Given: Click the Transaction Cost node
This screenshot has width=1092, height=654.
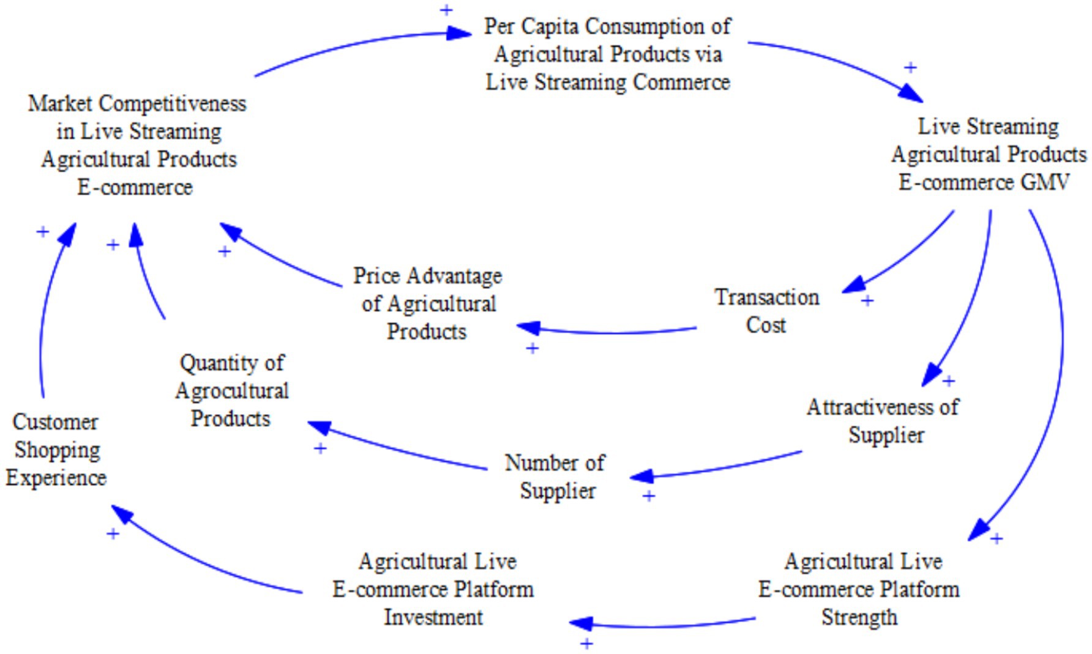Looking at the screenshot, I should (x=766, y=311).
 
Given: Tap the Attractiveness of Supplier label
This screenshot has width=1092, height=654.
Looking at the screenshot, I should (x=883, y=421).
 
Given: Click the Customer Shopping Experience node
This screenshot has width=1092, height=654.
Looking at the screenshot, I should (x=56, y=450).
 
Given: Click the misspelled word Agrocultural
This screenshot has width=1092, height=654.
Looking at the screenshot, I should (x=232, y=391).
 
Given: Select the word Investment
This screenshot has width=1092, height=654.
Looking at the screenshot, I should (x=433, y=617).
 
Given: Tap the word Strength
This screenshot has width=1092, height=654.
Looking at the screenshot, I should (x=859, y=617).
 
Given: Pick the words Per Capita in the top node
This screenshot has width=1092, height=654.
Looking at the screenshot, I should (x=526, y=26).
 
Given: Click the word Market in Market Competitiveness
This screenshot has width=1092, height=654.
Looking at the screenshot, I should (x=60, y=103).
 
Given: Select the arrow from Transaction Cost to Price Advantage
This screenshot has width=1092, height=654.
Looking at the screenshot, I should (x=612, y=332).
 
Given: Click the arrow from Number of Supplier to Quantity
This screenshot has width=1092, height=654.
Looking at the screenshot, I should (x=398, y=448).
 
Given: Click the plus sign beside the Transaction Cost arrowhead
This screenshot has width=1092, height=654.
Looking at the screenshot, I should (x=867, y=300).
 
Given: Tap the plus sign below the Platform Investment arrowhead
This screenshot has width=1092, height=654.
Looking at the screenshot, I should (x=586, y=644).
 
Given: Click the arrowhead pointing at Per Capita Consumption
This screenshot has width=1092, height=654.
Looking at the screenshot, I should (x=458, y=33).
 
